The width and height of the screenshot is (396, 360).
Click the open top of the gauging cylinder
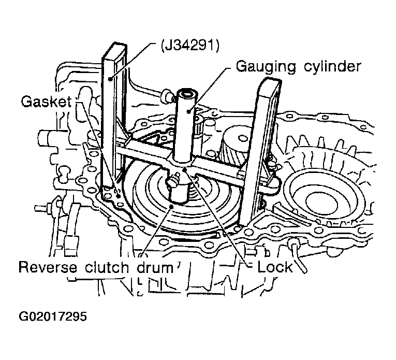click(186, 95)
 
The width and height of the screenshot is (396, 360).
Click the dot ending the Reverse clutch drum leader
click(171, 207)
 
